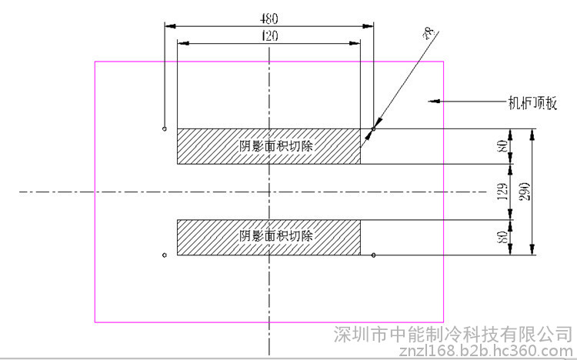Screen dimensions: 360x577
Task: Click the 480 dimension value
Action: pos(269,17)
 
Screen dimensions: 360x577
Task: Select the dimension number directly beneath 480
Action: pos(269,35)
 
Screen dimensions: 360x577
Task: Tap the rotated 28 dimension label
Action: pos(429,32)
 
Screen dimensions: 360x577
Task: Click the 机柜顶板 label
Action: pos(531,101)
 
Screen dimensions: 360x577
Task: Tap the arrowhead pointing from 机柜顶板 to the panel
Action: pos(434,101)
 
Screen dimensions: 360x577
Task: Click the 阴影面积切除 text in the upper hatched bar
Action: pos(269,146)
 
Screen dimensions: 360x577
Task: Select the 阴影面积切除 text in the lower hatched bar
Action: pos(269,237)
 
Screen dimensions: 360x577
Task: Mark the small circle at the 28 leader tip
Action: pos(373,128)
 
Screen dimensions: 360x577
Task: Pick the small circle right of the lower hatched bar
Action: pos(373,255)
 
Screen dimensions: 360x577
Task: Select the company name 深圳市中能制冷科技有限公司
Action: pos(454,335)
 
